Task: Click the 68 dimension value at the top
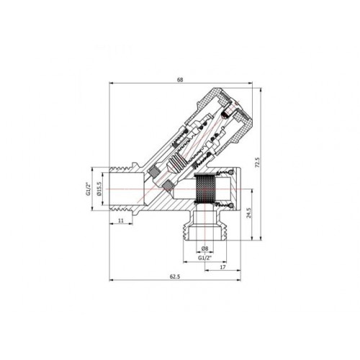180,80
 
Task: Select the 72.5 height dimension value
257,162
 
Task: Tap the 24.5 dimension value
249,212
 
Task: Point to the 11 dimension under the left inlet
121,220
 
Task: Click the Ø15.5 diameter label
100,189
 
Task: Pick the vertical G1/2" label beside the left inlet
89,189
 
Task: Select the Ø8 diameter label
204,248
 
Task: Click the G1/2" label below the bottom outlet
204,258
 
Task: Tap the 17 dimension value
223,267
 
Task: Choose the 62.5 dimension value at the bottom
175,276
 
